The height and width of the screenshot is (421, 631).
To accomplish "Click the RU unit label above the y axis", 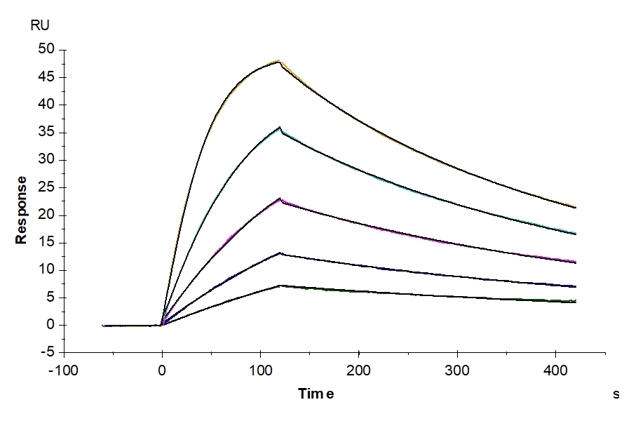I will point(39,26).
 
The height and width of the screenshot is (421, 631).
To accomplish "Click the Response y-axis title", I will point(22,210).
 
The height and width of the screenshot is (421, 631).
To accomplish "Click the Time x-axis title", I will point(315,394).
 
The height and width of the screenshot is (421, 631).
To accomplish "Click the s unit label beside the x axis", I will point(616,394).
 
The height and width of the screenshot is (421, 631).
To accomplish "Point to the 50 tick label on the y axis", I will point(47,50).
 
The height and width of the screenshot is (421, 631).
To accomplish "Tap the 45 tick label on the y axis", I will point(47,77).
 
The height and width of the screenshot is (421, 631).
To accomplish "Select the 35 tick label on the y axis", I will point(47,133).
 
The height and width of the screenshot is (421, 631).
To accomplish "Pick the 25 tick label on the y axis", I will point(47,187).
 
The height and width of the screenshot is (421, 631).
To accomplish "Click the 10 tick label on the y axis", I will point(47,270).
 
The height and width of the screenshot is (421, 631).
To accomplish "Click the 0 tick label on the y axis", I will point(50,326).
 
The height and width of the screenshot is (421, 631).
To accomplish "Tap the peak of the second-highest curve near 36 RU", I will point(280,127).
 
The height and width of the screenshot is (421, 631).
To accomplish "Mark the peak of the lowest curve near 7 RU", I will point(280,286).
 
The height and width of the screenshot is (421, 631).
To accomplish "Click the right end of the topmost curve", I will point(576,207).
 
